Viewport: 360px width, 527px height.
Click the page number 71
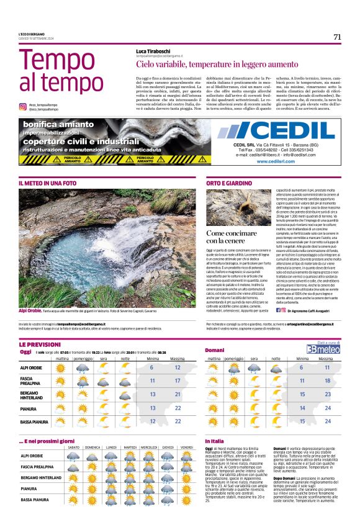[337, 37]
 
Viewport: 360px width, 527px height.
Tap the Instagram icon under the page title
[22, 106]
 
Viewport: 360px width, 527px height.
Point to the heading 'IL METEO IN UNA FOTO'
[48, 184]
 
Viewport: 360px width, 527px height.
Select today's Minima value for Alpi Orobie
[151, 367]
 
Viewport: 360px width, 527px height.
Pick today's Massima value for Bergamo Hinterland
[178, 394]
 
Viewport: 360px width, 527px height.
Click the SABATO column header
[73, 447]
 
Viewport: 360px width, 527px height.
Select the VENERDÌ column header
[186, 447]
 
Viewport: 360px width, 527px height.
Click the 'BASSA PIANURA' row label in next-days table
[35, 499]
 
